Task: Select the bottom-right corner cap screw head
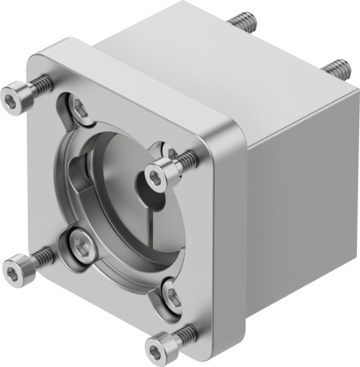(162, 336)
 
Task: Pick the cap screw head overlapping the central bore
(160, 171)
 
